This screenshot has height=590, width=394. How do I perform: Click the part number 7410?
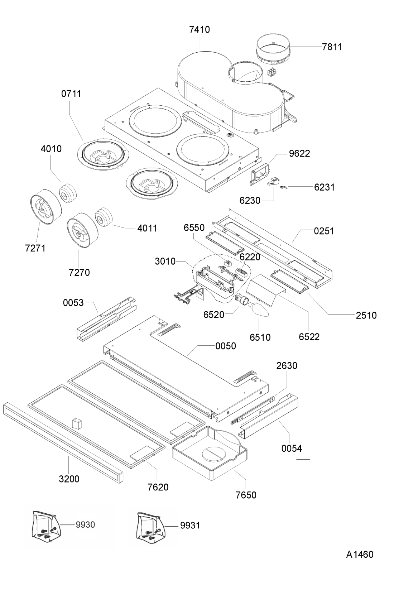[x=200, y=29]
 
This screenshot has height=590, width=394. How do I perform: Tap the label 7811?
[x=332, y=47]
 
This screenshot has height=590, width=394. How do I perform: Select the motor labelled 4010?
[x=67, y=192]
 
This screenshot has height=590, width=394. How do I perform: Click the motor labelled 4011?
[x=104, y=216]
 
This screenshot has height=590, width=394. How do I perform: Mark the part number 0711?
[x=71, y=94]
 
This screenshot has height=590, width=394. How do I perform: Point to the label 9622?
[x=299, y=153]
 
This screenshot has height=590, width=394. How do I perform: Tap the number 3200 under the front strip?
[x=69, y=479]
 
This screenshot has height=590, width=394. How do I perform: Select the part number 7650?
[x=246, y=495]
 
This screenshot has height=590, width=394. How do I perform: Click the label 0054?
[x=292, y=448]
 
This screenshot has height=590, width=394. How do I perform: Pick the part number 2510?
[x=366, y=315]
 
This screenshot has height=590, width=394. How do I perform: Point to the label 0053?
[x=73, y=303]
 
